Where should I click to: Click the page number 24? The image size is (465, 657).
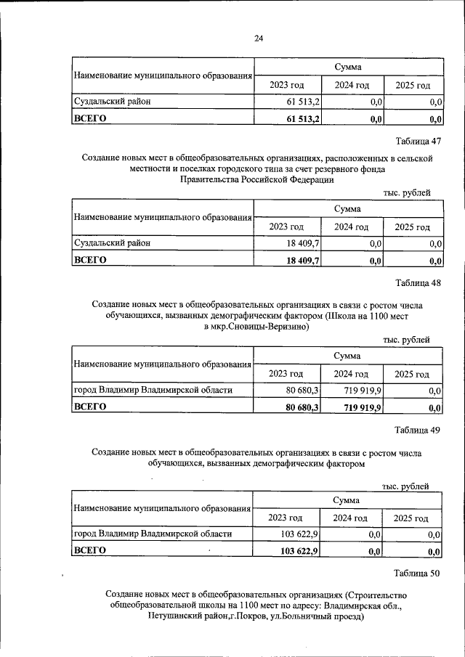(259, 38)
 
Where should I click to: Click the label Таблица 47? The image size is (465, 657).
(418, 140)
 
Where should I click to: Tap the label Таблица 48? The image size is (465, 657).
(418, 282)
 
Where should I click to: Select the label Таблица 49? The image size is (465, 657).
(417, 430)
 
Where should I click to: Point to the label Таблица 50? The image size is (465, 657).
(417, 573)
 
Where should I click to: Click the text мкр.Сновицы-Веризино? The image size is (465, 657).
(257, 327)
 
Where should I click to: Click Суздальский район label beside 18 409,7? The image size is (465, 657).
(113, 244)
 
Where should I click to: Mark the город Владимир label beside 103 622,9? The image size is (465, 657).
(153, 534)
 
